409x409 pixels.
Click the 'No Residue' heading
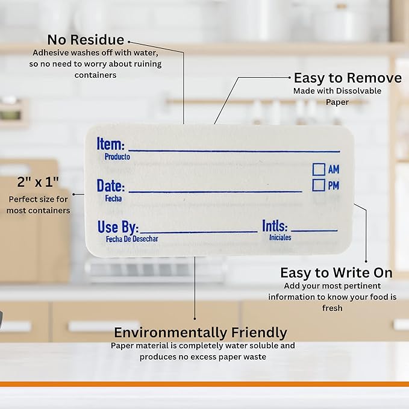[x=86, y=40]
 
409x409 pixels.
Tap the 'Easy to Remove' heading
[x=348, y=78]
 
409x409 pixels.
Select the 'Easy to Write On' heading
[x=336, y=273]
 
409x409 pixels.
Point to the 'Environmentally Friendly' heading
[x=201, y=333]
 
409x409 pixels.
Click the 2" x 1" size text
[x=38, y=182]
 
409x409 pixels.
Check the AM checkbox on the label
[x=319, y=169]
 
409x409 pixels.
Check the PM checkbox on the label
[x=319, y=185]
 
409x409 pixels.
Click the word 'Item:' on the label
[x=111, y=144]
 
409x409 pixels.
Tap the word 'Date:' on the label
[x=111, y=186]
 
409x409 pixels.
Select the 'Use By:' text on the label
[x=118, y=227]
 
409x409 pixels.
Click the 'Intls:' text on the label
[x=275, y=226]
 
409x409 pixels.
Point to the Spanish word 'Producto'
[x=117, y=157]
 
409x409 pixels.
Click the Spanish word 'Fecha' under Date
[x=113, y=199]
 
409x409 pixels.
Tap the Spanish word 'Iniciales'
[x=280, y=237]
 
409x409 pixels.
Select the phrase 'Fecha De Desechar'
[x=132, y=239]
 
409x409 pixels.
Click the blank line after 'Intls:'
[x=314, y=230]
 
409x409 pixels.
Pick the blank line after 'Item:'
[x=234, y=151]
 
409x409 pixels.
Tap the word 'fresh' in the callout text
[x=332, y=308]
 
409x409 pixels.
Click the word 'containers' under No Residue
[x=95, y=75]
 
